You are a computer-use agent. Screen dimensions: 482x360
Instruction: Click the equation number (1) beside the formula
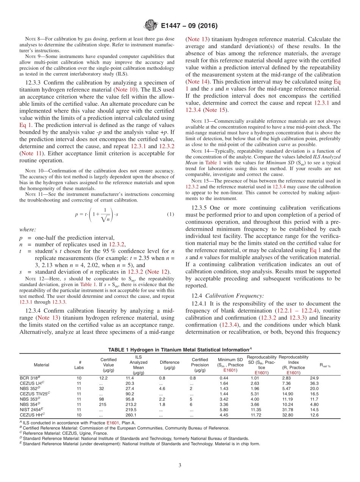click(171, 214)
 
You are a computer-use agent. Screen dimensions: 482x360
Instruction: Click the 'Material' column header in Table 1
click(41, 365)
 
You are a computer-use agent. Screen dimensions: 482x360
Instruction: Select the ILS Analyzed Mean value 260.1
click(131, 415)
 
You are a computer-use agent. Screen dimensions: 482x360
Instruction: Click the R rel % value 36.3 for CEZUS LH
click(314, 383)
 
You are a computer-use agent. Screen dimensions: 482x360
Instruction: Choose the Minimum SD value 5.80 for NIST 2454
click(224, 410)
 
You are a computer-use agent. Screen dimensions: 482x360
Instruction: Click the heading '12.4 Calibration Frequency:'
click(228, 296)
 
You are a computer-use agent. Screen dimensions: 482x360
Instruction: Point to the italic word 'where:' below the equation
click(28, 229)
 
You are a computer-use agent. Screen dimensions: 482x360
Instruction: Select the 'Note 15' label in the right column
click(200, 181)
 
